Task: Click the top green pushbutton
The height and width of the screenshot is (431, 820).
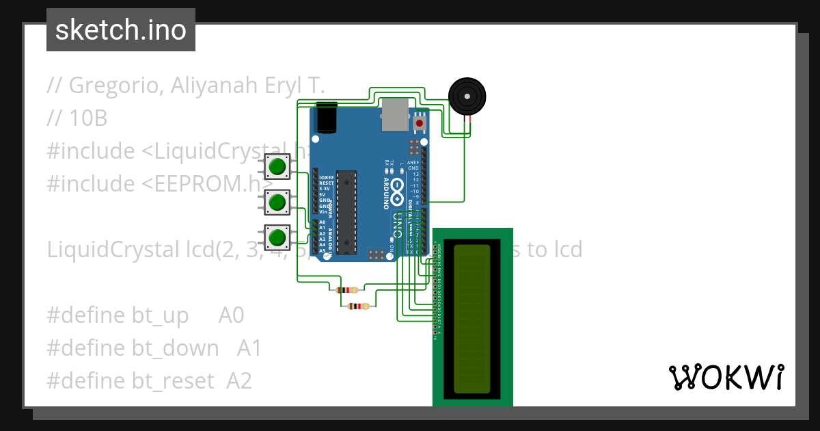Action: click(x=277, y=166)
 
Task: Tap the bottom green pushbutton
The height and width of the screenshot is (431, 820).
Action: click(x=277, y=237)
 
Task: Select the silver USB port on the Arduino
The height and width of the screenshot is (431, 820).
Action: click(x=395, y=114)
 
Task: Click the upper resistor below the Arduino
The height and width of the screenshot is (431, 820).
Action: click(x=348, y=290)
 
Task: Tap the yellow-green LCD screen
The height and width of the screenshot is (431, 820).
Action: click(x=472, y=319)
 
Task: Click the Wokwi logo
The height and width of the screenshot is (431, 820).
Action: click(x=726, y=377)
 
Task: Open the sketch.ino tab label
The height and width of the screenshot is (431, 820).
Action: click(x=121, y=30)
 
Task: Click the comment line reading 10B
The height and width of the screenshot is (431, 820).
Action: click(x=88, y=118)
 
